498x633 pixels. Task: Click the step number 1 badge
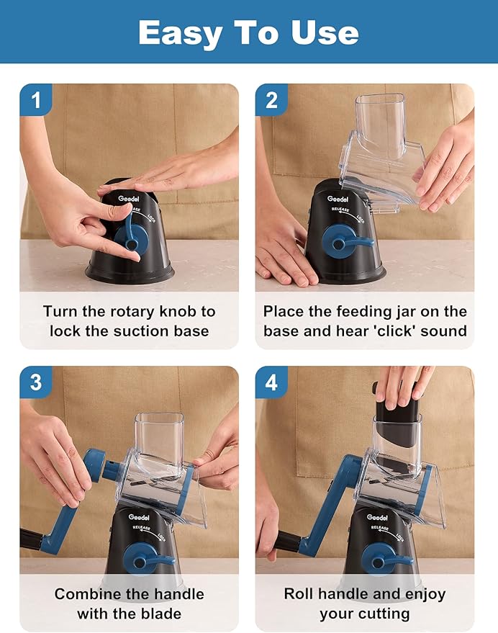coord(36,99)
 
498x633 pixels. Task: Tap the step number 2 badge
coord(271,99)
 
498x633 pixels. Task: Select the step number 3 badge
coord(36,382)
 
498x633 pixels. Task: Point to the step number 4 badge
coord(271,382)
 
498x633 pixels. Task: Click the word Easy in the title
coord(181,34)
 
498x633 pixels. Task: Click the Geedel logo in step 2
coord(338,199)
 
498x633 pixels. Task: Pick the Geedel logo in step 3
coord(139,517)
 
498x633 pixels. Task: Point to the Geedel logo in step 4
coord(377,517)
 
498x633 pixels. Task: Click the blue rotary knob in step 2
coord(346,242)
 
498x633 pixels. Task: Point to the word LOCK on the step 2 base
coord(361,218)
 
